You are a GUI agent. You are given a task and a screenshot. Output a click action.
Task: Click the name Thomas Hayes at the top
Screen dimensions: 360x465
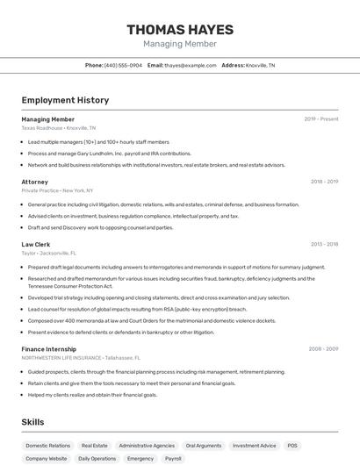click(x=180, y=28)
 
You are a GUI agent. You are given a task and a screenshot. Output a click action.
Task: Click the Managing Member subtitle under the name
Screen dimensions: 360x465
click(x=180, y=44)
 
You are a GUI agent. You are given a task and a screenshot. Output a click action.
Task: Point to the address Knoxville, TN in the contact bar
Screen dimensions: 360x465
click(x=260, y=65)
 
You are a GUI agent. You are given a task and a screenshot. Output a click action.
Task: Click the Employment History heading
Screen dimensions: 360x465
click(x=65, y=100)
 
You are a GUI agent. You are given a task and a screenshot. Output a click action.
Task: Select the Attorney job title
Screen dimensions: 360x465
click(x=35, y=182)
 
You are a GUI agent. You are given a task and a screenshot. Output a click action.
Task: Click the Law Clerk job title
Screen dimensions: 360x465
click(x=36, y=244)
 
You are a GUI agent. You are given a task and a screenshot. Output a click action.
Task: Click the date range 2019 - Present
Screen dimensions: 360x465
click(x=321, y=119)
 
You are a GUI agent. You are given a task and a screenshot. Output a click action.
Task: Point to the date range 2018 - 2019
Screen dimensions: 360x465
click(x=324, y=182)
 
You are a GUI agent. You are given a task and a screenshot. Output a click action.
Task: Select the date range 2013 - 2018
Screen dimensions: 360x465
click(x=324, y=244)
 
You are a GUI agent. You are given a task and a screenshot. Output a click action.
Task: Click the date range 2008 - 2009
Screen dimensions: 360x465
click(x=324, y=349)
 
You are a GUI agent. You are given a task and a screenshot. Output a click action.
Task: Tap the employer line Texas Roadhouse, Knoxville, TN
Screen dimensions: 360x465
click(x=59, y=128)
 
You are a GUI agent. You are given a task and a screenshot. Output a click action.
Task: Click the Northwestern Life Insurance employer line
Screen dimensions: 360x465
click(x=81, y=358)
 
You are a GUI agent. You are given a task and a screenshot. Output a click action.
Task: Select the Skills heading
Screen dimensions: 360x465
click(x=33, y=422)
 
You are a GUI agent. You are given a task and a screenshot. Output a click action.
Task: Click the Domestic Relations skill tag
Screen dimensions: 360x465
click(x=48, y=446)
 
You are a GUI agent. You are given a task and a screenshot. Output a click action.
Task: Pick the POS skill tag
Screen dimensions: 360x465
click(x=292, y=446)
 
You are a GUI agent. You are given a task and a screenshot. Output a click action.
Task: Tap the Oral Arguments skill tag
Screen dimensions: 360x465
click(x=204, y=446)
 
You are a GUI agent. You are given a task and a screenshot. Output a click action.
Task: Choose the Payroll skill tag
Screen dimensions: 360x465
click(x=173, y=459)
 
